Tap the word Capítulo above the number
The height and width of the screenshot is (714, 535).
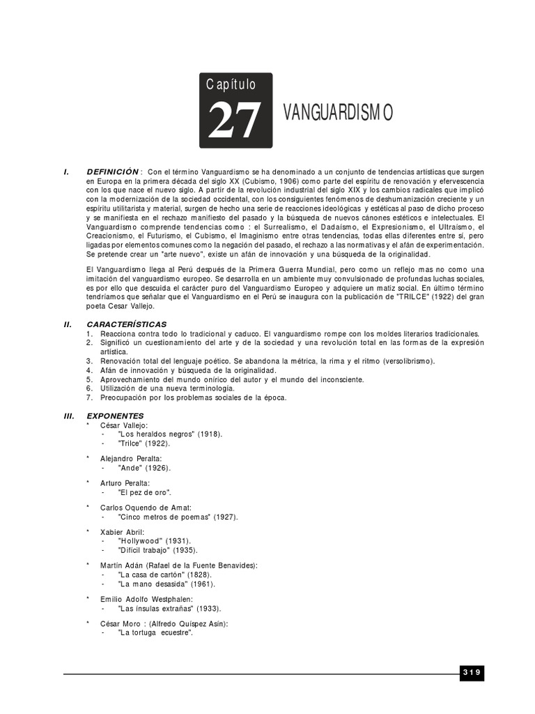coord(231,84)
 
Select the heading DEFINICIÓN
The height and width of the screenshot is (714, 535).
coord(113,172)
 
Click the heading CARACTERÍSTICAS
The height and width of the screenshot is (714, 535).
coord(127,324)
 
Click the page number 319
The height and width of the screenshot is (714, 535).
coord(471,672)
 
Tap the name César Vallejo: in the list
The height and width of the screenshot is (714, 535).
coord(124,425)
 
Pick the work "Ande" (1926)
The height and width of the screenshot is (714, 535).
coord(144,468)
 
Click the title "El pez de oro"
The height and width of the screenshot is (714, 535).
coord(145,492)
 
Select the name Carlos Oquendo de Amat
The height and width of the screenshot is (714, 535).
coord(146,508)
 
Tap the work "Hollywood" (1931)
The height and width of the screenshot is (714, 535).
coord(155,541)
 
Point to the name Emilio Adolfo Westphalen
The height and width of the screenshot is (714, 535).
coord(146,599)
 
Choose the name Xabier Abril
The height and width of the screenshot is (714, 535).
coord(123,532)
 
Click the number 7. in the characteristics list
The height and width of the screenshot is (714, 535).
coord(89,397)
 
